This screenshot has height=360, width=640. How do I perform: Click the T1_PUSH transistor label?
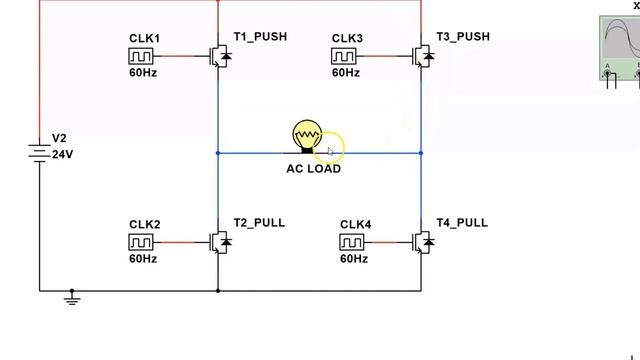click(x=260, y=37)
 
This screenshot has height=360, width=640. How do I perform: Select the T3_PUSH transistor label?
click(x=463, y=37)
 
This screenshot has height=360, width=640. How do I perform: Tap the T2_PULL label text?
click(x=259, y=222)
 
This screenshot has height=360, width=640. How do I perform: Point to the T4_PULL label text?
click(x=462, y=222)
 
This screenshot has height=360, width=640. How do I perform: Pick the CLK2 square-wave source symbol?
click(x=142, y=242)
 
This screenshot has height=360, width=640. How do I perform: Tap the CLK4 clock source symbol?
click(x=354, y=242)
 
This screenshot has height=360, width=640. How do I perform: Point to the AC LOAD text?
click(x=313, y=169)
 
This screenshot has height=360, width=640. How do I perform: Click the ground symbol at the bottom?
click(x=72, y=296)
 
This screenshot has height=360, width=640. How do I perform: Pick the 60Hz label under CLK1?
click(x=143, y=73)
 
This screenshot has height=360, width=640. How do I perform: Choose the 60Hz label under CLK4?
click(x=354, y=259)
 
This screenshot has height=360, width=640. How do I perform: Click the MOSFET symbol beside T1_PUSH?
click(x=219, y=56)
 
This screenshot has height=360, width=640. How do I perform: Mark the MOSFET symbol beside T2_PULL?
click(x=219, y=242)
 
